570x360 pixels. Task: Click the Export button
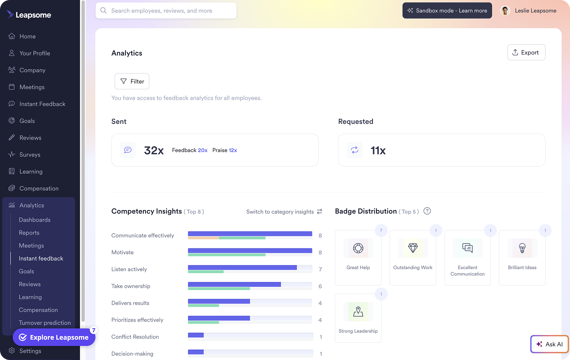pyautogui.click(x=526, y=53)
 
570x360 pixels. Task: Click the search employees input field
pyautogui.click(x=166, y=11)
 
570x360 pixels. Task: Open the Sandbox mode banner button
pyautogui.click(x=447, y=11)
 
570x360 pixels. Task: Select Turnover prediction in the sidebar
pyautogui.click(x=45, y=323)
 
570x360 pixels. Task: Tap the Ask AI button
pyautogui.click(x=549, y=344)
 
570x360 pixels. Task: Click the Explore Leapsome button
pyautogui.click(x=54, y=337)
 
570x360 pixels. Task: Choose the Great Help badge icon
pyautogui.click(x=358, y=248)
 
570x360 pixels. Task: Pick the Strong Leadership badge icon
pyautogui.click(x=358, y=312)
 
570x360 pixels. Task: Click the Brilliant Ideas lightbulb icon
pyautogui.click(x=522, y=248)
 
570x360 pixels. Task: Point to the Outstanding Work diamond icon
pyautogui.click(x=413, y=248)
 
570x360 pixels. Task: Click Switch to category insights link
pyautogui.click(x=284, y=212)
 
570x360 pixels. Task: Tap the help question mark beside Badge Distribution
pyautogui.click(x=427, y=211)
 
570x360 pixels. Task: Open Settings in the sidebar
pyautogui.click(x=30, y=351)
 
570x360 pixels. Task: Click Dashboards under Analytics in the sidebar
pyautogui.click(x=35, y=220)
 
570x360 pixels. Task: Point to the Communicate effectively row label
pyautogui.click(x=142, y=235)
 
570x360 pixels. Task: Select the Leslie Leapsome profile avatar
pyautogui.click(x=505, y=11)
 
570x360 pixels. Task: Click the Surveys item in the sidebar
pyautogui.click(x=30, y=155)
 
